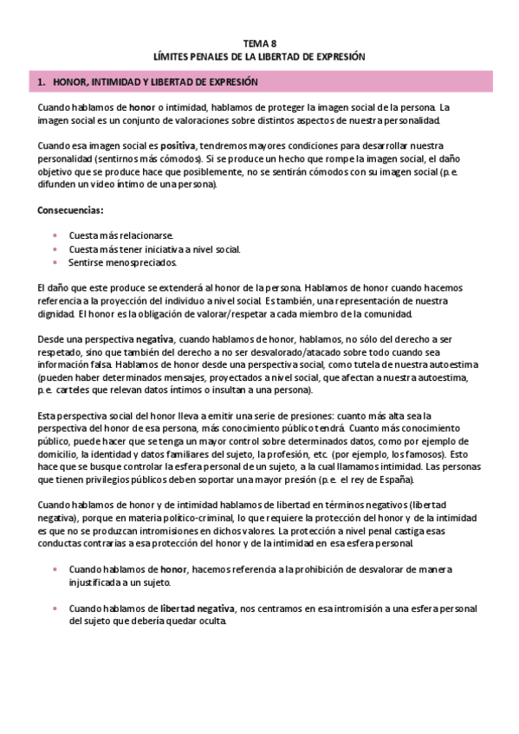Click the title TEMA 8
pos(260,42)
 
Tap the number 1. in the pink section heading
pos(42,82)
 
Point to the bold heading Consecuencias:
pos(70,210)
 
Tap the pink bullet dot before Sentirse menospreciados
pos(55,262)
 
